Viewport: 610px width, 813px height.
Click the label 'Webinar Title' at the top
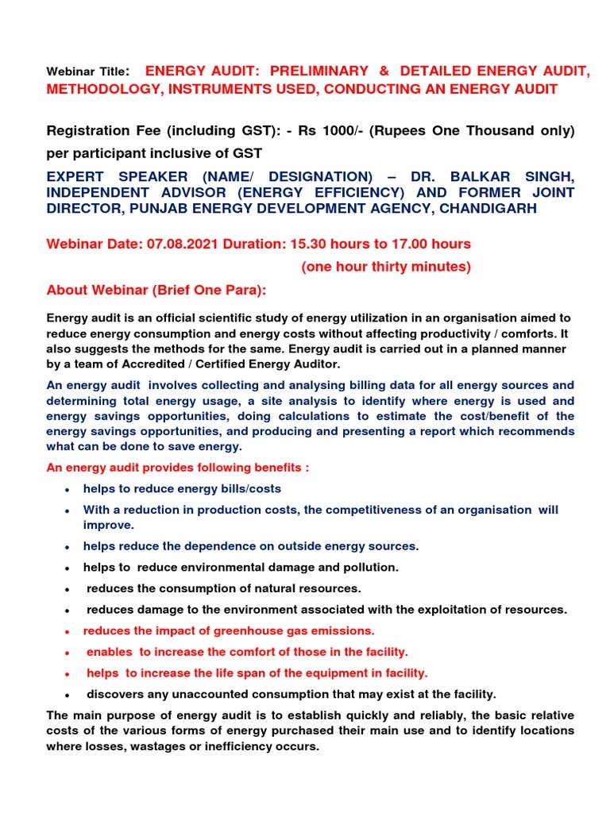point(86,72)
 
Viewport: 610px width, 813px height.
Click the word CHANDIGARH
point(489,209)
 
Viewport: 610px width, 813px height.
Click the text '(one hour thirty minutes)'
point(385,267)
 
